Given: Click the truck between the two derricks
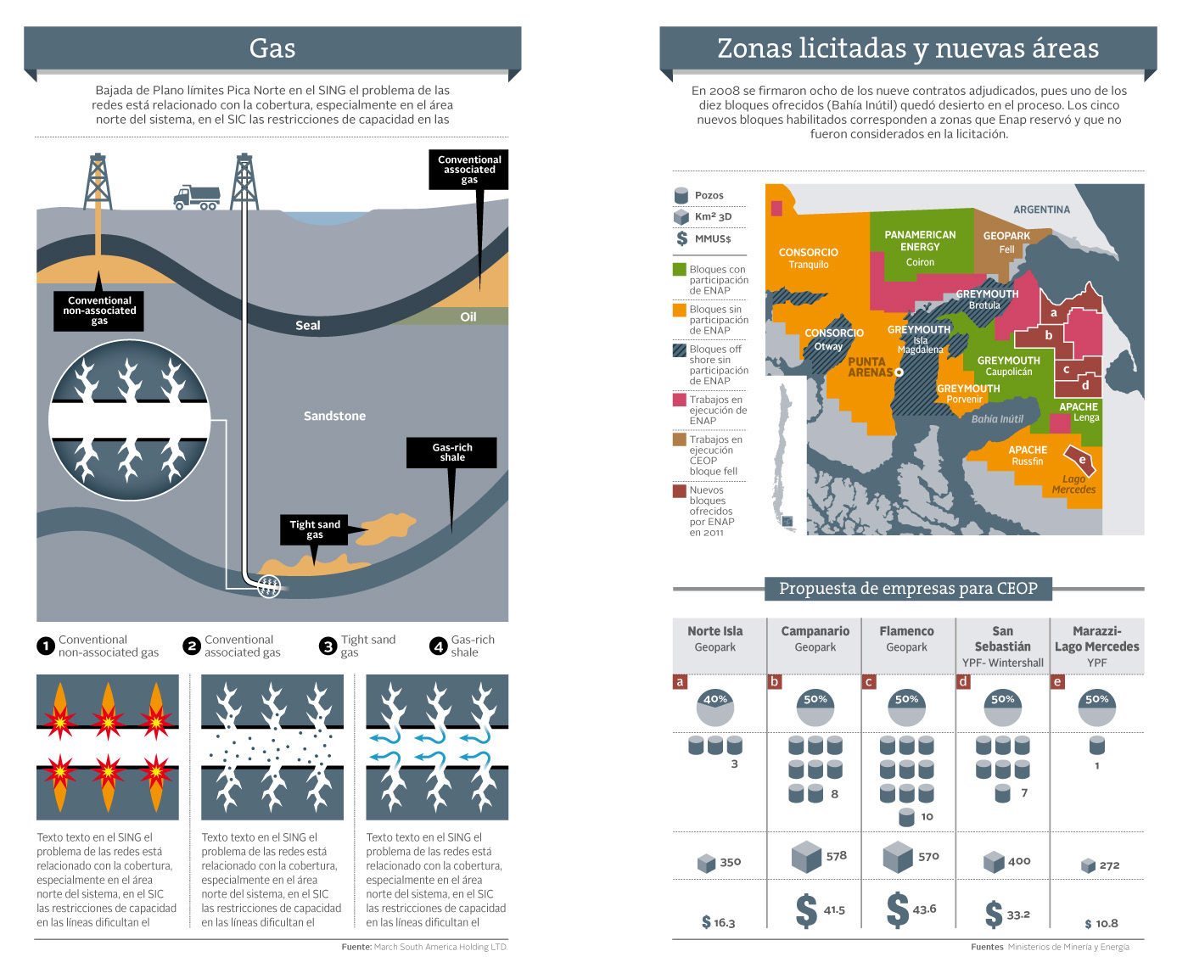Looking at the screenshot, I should click(196, 198).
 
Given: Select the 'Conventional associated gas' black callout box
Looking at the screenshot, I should click(469, 170).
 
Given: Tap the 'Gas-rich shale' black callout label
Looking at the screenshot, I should click(451, 452).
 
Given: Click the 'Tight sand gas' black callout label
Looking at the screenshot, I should click(314, 529).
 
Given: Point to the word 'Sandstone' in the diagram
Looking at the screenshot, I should click(334, 416).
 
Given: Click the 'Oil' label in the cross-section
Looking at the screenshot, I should click(468, 316).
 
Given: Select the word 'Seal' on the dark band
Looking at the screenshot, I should click(307, 325).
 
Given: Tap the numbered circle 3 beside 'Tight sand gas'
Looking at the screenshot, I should click(328, 646).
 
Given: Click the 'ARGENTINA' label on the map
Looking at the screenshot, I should click(1041, 210).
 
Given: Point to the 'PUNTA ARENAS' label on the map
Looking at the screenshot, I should click(870, 366).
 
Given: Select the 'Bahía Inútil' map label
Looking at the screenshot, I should click(997, 419).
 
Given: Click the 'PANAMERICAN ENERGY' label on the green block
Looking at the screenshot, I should click(920, 241).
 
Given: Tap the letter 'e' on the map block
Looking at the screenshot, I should click(1082, 460).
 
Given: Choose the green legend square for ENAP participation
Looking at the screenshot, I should click(679, 269).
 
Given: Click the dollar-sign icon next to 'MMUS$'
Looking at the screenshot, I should click(681, 238).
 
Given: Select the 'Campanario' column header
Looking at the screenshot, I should click(815, 631).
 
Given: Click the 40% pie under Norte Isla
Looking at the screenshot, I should click(715, 708).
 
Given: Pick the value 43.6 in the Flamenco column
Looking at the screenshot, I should click(924, 909).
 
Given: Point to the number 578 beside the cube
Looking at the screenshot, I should click(836, 855).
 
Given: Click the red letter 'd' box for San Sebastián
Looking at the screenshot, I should click(962, 681).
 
